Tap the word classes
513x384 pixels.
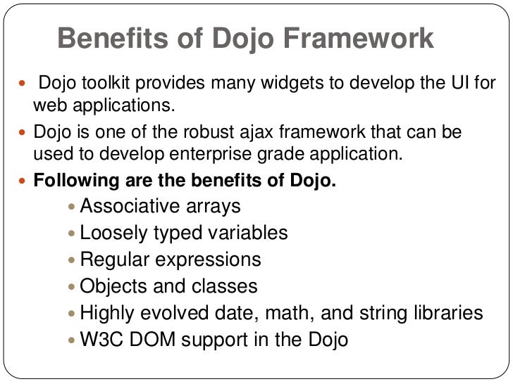tap(225, 286)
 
